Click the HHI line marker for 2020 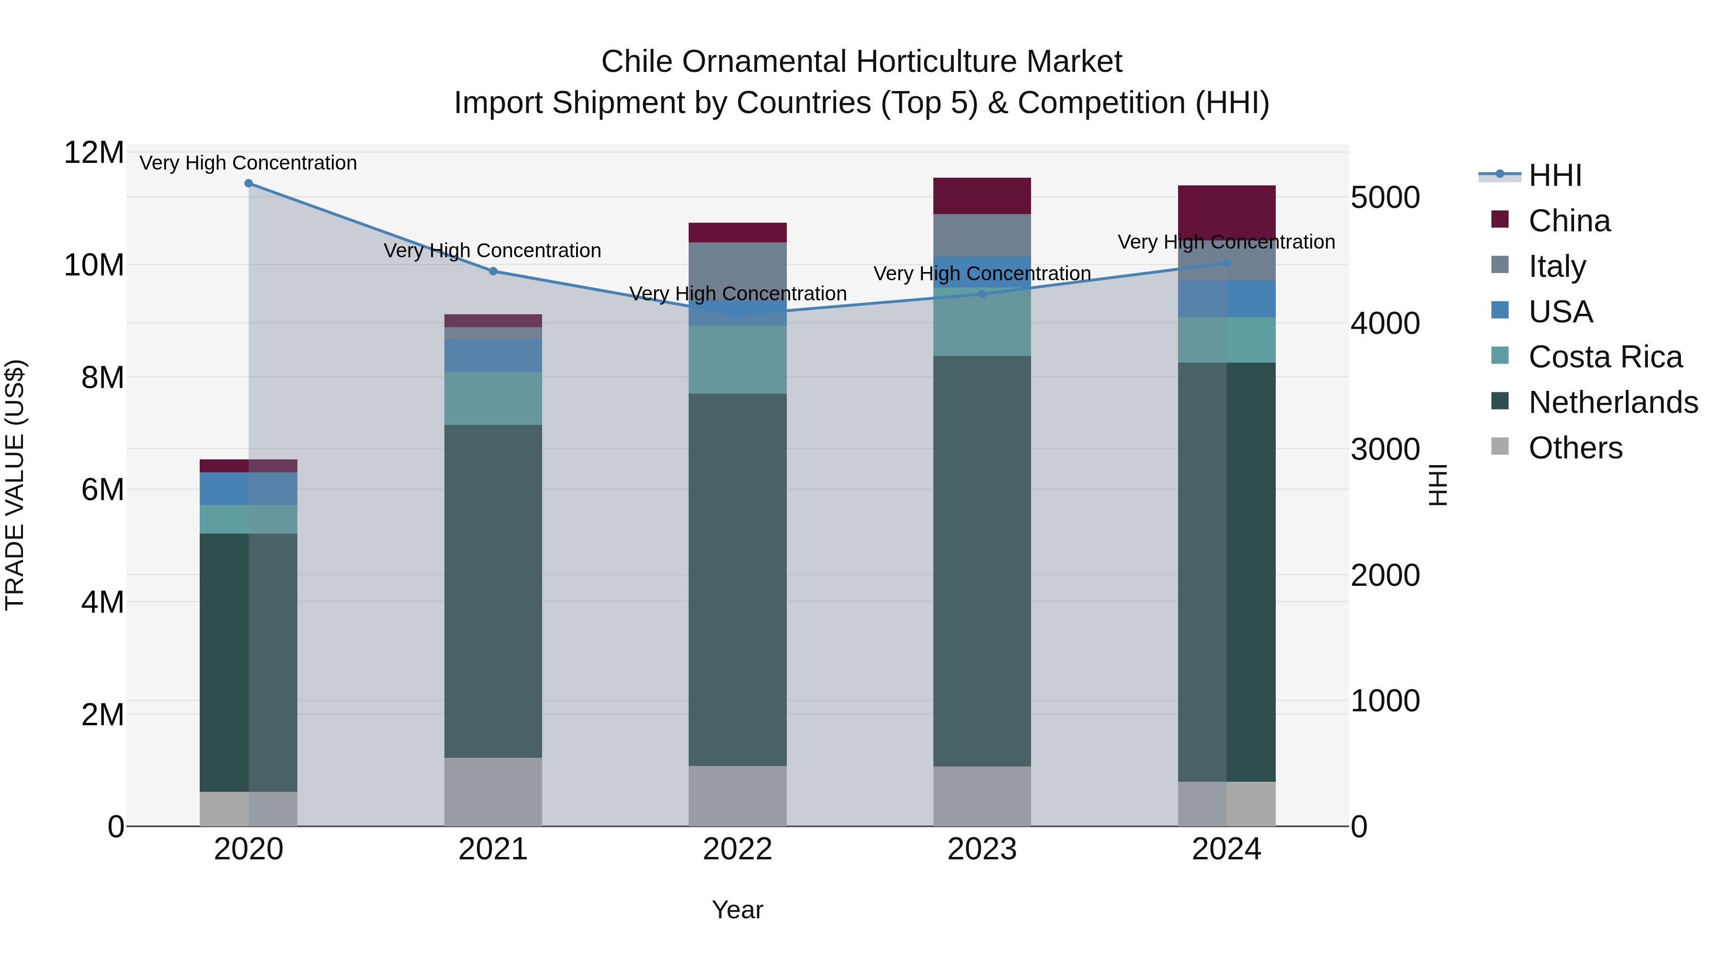(248, 183)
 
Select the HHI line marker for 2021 (493, 271)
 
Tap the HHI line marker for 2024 (1227, 263)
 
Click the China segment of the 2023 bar (982, 195)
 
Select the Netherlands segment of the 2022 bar (737, 579)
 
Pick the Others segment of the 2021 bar (493, 791)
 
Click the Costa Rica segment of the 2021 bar (493, 399)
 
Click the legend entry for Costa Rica (1605, 357)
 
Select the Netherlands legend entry (1613, 402)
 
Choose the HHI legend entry (1554, 175)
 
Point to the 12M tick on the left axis (94, 153)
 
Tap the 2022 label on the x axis (737, 849)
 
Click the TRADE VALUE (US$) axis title (15, 485)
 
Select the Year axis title (737, 910)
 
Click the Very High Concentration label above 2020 (248, 163)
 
